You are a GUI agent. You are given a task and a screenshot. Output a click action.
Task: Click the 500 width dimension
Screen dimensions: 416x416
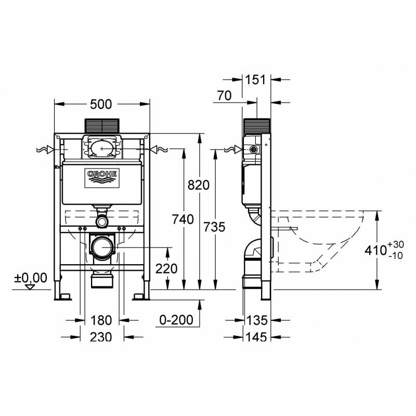pyautogui.click(x=101, y=105)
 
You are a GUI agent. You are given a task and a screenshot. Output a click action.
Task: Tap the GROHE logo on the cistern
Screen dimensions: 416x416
pyautogui.click(x=102, y=178)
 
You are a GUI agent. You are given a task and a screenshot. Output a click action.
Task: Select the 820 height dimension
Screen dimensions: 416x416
pyautogui.click(x=199, y=185)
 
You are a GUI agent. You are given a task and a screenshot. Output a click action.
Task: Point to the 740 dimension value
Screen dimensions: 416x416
pyautogui.click(x=183, y=219)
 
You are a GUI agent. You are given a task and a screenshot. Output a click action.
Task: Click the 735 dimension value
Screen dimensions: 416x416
pyautogui.click(x=214, y=227)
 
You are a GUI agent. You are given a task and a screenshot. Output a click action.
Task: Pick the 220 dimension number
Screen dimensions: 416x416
pyautogui.click(x=166, y=269)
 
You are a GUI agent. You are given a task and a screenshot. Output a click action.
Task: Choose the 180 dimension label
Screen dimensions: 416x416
pyautogui.click(x=101, y=320)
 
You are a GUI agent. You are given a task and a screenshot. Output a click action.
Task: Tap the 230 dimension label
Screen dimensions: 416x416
pyautogui.click(x=101, y=337)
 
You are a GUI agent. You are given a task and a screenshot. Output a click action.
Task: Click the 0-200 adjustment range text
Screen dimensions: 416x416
pyautogui.click(x=176, y=320)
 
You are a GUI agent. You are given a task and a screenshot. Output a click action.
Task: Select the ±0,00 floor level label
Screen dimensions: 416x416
pyautogui.click(x=31, y=278)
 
